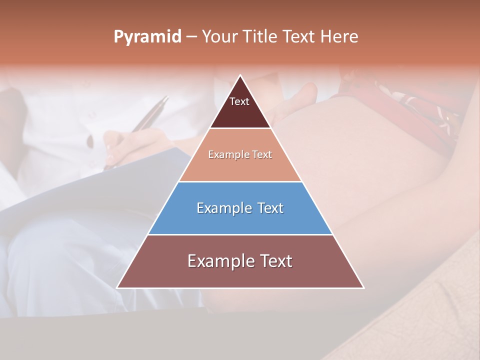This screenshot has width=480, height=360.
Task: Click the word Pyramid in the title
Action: (147, 37)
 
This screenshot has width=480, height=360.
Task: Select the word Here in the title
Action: (339, 37)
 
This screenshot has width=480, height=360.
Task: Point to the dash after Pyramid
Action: (191, 37)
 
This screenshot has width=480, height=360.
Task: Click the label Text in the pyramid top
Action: (239, 101)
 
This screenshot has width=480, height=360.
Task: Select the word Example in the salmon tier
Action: (224, 155)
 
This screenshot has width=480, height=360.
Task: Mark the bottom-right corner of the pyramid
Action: (363, 287)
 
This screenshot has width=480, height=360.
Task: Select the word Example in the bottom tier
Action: (214, 261)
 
